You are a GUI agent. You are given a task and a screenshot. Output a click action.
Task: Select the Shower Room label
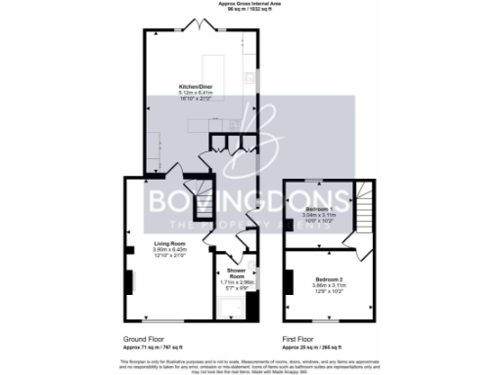(x=235, y=271)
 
